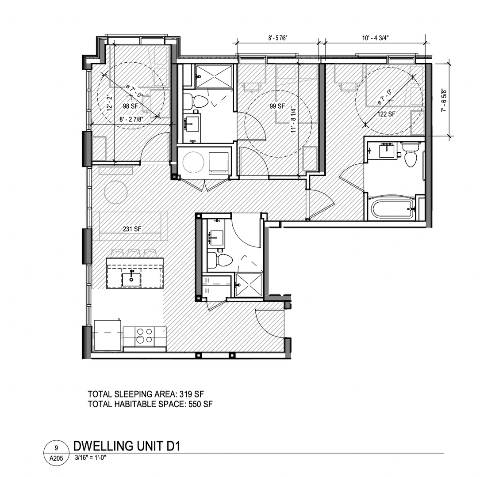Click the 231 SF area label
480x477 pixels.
(x=132, y=229)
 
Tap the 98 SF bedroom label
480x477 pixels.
(x=131, y=106)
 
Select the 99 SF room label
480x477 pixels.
(x=277, y=106)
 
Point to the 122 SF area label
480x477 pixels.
(x=386, y=114)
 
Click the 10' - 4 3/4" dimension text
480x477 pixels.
(x=375, y=38)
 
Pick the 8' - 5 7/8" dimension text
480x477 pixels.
(x=278, y=38)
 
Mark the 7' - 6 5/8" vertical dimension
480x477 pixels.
(x=444, y=100)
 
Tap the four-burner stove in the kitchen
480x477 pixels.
(x=145, y=337)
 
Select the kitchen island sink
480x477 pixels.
(x=131, y=279)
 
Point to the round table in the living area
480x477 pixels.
(x=116, y=192)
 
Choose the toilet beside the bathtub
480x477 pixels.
(x=409, y=155)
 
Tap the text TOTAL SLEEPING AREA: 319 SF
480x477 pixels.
(x=146, y=394)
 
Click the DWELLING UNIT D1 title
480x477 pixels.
(x=127, y=447)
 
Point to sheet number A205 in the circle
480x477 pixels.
(x=56, y=458)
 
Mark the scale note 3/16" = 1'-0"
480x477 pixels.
(x=90, y=458)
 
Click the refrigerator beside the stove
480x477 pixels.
(x=108, y=336)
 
